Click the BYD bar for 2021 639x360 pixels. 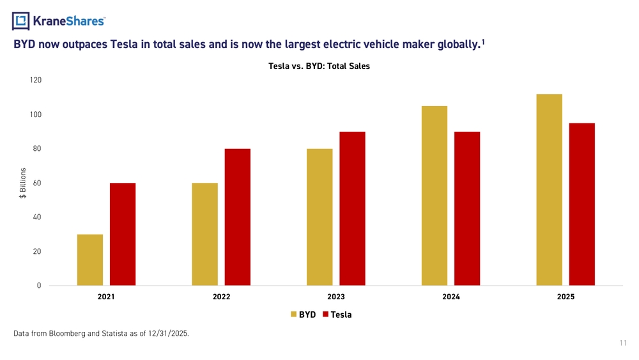click(90, 260)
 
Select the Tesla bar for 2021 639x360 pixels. click(123, 234)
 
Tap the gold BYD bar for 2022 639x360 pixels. click(205, 234)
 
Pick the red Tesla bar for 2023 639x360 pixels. click(353, 208)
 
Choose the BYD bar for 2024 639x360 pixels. click(435, 196)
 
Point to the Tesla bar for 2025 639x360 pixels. click(582, 204)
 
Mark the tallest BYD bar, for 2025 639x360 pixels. click(550, 189)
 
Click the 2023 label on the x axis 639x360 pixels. click(336, 297)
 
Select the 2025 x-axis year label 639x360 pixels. click(566, 297)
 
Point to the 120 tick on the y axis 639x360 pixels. click(35, 80)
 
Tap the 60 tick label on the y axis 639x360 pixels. click(37, 183)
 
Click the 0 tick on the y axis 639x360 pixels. click(39, 285)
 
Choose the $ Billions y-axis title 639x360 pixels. click(23, 183)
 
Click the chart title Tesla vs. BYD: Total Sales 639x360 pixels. click(319, 66)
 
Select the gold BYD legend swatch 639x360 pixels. click(293, 315)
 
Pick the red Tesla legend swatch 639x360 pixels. click(325, 315)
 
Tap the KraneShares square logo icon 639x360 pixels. click(21, 21)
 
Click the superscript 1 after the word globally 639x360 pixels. click(483, 42)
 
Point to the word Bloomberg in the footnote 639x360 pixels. click(67, 334)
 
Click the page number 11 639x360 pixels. click(623, 343)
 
